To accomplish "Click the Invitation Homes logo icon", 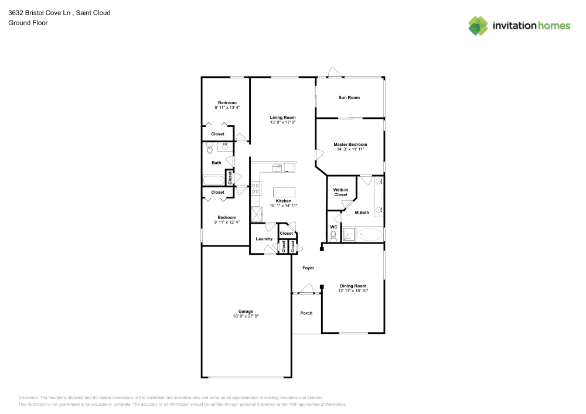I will click(478, 26).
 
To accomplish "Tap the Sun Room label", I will click(349, 97).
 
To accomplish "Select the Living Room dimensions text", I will click(283, 122).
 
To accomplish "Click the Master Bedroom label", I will click(350, 144).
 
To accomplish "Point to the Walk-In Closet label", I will click(340, 192).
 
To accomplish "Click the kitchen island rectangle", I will click(284, 191).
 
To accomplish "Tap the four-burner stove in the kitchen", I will click(256, 189).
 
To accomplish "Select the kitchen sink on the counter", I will click(279, 168).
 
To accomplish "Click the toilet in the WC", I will click(333, 235).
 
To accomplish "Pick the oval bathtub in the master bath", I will click(369, 235).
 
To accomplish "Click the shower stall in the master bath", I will click(349, 235).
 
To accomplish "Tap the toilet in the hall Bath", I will click(206, 149).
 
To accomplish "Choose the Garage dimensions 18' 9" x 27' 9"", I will click(246, 316).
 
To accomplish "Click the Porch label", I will click(306, 313).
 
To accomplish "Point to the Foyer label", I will click(308, 268).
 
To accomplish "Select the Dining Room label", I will click(353, 286).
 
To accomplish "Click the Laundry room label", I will click(264, 238).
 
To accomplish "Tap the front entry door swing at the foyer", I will click(305, 288).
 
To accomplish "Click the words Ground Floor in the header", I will click(28, 23).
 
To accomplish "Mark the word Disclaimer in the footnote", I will click(29, 397).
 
